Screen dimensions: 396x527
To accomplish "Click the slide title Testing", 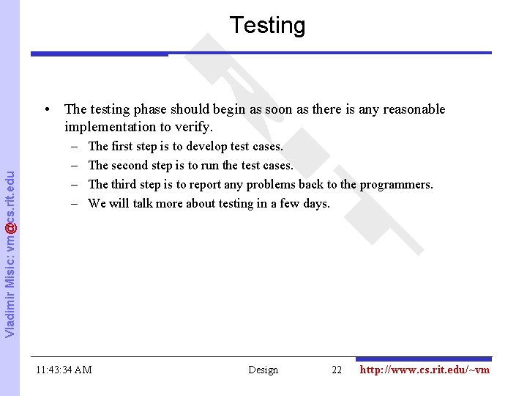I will click(x=267, y=26).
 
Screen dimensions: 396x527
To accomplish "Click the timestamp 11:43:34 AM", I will click(x=64, y=370).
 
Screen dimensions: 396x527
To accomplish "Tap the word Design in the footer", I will click(x=263, y=370).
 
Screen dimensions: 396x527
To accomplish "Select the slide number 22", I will click(x=337, y=370).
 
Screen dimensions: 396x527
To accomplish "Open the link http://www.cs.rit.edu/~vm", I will click(x=425, y=370).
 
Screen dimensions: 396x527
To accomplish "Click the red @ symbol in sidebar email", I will click(x=9, y=228).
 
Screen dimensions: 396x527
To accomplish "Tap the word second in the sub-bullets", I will click(x=132, y=165).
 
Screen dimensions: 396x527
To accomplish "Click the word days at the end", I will click(x=316, y=203).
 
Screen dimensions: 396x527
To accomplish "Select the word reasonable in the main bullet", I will click(x=411, y=109).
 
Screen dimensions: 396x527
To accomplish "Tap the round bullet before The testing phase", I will click(x=47, y=110).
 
